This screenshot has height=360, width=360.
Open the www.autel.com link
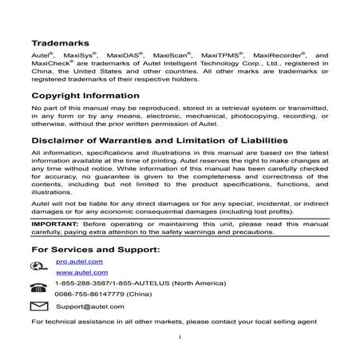(x=77, y=272)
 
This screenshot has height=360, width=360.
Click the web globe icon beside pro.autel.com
(x=39, y=264)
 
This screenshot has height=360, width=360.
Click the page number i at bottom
(x=180, y=338)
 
